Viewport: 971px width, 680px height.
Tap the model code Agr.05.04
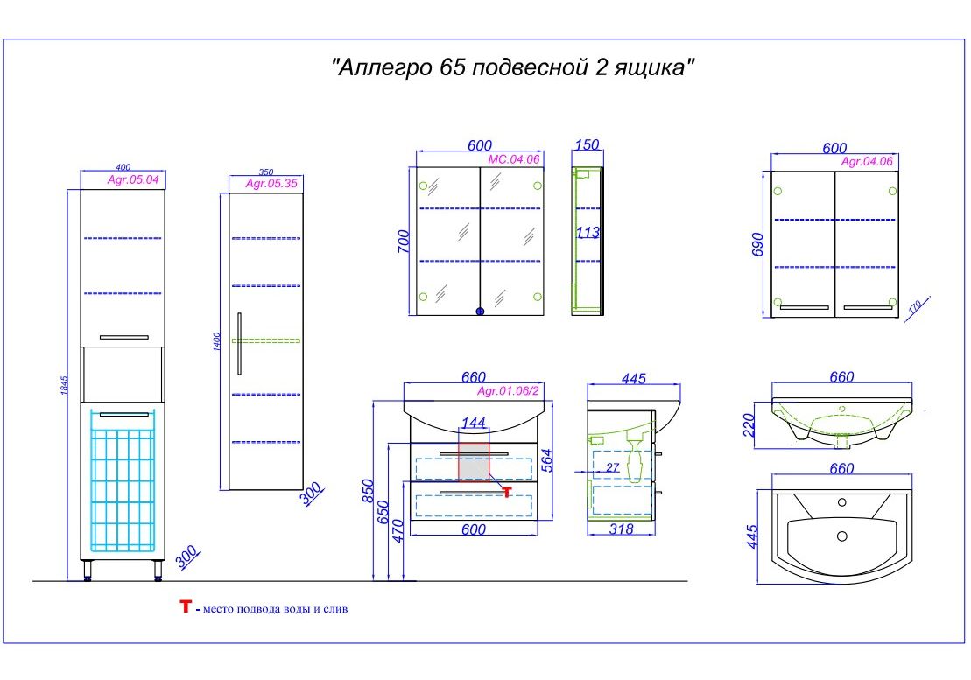point(133,180)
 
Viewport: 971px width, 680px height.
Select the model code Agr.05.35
point(268,184)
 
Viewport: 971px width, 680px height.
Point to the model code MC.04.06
point(513,158)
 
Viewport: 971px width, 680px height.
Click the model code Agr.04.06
point(866,161)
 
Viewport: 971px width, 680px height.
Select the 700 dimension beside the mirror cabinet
point(403,241)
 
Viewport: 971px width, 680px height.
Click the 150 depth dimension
point(588,145)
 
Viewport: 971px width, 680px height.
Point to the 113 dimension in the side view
point(588,233)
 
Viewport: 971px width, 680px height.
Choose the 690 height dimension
point(759,244)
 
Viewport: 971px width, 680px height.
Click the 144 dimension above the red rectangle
point(473,424)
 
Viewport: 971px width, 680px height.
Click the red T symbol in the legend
point(185,606)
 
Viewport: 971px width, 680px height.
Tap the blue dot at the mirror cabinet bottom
point(479,311)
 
